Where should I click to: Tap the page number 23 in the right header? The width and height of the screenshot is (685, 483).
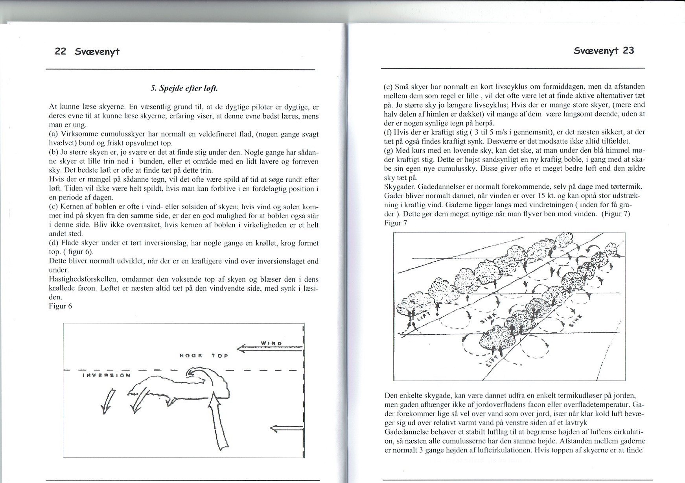pyautogui.click(x=628, y=50)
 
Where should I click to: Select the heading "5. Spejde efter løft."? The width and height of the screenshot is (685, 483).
pyautogui.click(x=184, y=88)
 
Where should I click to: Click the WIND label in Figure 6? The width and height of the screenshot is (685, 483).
pyautogui.click(x=271, y=343)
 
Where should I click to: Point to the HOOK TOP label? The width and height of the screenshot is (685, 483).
pyautogui.click(x=204, y=356)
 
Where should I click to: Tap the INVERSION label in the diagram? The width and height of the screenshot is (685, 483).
pyautogui.click(x=106, y=375)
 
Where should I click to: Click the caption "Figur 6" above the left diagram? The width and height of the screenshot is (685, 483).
pyautogui.click(x=61, y=306)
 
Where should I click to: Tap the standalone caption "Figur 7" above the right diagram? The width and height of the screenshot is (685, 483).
pyautogui.click(x=396, y=223)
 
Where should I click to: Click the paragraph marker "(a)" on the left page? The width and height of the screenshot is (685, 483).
pyautogui.click(x=54, y=134)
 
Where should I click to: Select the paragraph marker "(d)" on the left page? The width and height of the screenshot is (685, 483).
pyautogui.click(x=54, y=243)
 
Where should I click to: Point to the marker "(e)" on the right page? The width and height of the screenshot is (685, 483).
pyautogui.click(x=388, y=87)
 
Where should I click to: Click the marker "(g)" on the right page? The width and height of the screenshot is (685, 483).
pyautogui.click(x=389, y=150)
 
